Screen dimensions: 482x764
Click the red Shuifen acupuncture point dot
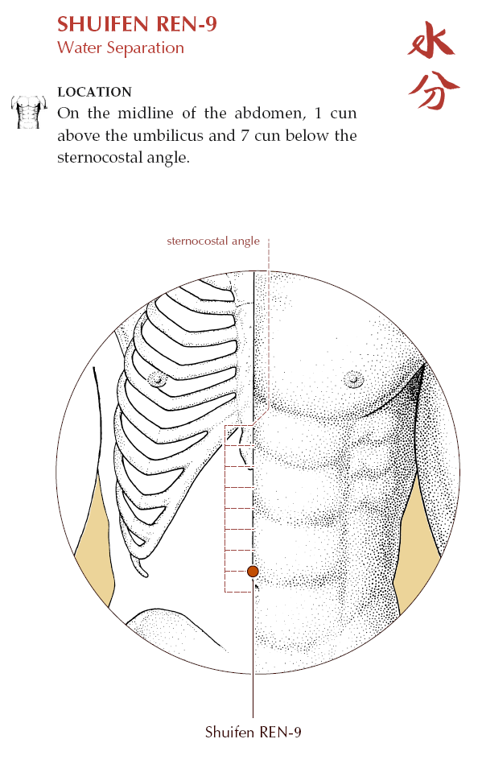(x=253, y=571)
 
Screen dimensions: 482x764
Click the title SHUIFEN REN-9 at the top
(x=137, y=24)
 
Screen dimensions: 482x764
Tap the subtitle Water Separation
(x=121, y=47)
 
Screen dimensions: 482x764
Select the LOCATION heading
(x=94, y=92)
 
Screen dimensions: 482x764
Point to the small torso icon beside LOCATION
(x=29, y=112)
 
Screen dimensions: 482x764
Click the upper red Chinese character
(x=431, y=41)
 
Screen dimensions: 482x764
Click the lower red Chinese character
(x=433, y=89)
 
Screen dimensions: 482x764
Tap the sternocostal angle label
(x=213, y=242)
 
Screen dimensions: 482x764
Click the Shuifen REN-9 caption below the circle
(x=253, y=732)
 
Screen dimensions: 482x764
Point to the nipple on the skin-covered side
(x=353, y=378)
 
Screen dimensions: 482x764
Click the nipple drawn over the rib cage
(x=157, y=378)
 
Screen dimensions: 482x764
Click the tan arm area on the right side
(x=418, y=541)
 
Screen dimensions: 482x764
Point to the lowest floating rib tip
(x=143, y=571)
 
